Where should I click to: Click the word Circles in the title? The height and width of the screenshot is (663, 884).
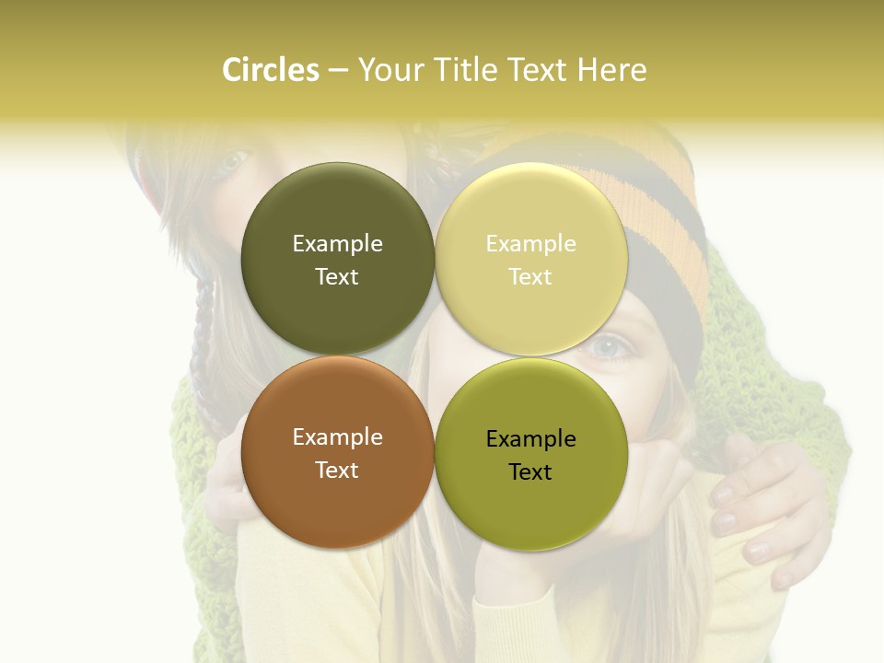click(270, 70)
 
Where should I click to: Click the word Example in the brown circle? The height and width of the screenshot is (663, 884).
click(337, 437)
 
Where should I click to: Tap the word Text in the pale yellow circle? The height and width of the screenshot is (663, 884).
click(530, 277)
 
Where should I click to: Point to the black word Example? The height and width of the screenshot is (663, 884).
click(531, 439)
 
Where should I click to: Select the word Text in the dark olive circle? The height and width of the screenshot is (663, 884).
click(337, 277)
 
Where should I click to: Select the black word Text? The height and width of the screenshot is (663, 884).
click(530, 472)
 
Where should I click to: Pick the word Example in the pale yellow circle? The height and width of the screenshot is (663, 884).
click(531, 244)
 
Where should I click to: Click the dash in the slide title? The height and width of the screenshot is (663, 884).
click(338, 70)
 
